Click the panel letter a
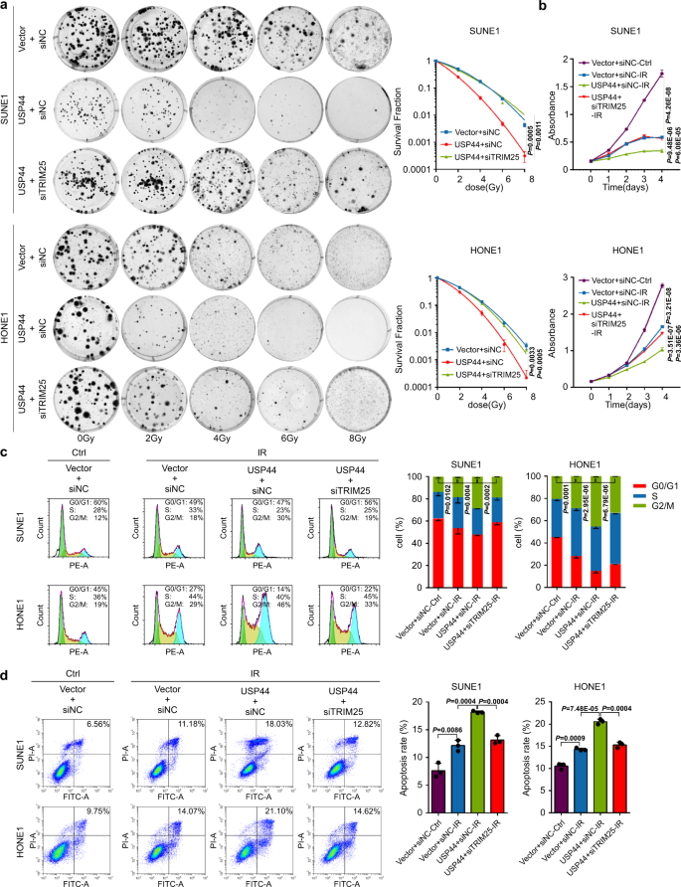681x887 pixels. point(7,7)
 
